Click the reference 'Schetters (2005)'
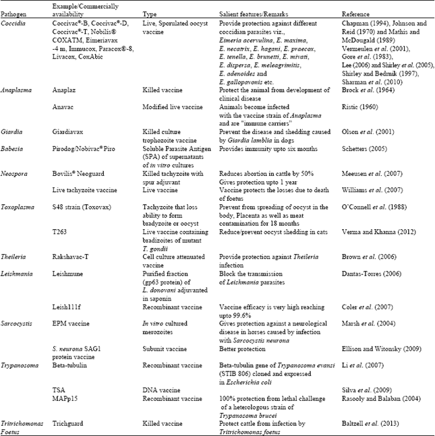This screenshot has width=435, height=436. pos(366,152)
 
